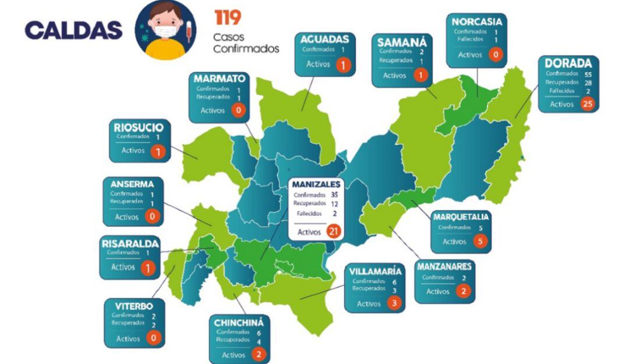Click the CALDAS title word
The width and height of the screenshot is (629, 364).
pyautogui.click(x=73, y=30)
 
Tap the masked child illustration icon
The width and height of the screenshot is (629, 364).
pyautogui.click(x=165, y=30)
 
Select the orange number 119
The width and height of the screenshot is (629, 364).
pyautogui.click(x=228, y=17)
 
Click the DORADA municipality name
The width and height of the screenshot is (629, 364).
pyautogui.click(x=568, y=63)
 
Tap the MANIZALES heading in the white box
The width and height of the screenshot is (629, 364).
pyautogui.click(x=317, y=184)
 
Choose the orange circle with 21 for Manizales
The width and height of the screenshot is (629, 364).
pyautogui.click(x=333, y=232)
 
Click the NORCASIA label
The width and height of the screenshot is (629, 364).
pyautogui.click(x=476, y=22)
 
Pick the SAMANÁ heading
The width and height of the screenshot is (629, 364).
pyautogui.click(x=402, y=43)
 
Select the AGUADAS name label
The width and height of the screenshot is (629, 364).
pyautogui.click(x=324, y=39)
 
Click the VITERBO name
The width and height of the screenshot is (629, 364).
pyautogui.click(x=133, y=306)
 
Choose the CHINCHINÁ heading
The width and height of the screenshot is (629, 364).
pyautogui.click(x=239, y=322)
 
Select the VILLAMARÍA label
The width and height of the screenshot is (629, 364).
pyautogui.click(x=375, y=271)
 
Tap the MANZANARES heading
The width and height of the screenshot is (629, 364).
pyautogui.click(x=444, y=267)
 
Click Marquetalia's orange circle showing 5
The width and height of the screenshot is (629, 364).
pyautogui.click(x=480, y=241)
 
